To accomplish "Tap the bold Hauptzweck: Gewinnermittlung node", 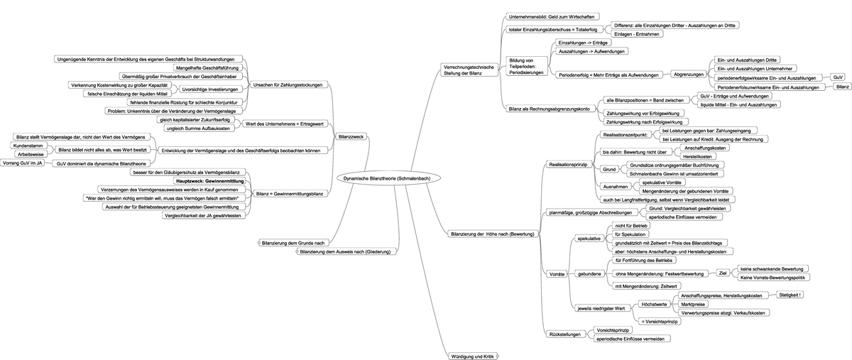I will [x=209, y=182].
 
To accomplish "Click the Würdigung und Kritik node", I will [x=471, y=356].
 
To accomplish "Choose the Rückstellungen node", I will [x=566, y=334].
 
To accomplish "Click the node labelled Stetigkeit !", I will [x=790, y=294].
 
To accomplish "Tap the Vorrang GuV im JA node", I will [x=23, y=163].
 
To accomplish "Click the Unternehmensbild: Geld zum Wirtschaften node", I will [x=552, y=16].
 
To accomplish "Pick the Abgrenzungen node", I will [x=688, y=74].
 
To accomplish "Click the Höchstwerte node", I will [x=653, y=304].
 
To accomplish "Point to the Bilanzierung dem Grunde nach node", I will [x=293, y=243].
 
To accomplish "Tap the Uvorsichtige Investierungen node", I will [x=209, y=89].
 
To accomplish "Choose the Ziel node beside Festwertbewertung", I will [x=723, y=273].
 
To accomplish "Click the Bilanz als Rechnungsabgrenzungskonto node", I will [x=550, y=109].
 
